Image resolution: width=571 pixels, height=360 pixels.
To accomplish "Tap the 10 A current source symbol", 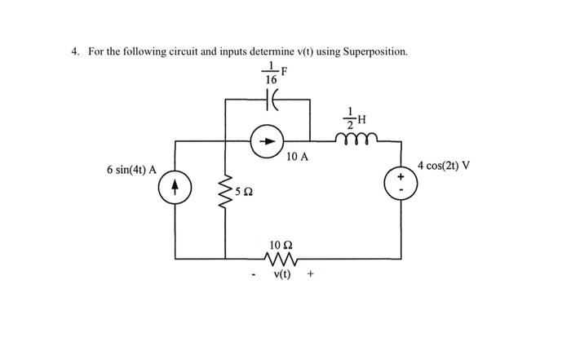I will click(268, 140).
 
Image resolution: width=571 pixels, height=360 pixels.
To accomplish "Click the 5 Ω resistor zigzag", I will click(226, 193).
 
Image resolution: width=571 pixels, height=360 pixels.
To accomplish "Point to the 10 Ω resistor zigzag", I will click(281, 259).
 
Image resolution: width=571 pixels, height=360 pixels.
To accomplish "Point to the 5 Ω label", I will click(245, 192).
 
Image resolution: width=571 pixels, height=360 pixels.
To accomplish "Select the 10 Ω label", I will click(281, 243).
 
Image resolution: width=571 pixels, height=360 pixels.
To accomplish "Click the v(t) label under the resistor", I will click(281, 275).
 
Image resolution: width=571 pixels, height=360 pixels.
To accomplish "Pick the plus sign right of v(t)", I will click(311, 275).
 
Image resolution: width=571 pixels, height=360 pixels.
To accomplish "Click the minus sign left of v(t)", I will click(255, 275).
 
